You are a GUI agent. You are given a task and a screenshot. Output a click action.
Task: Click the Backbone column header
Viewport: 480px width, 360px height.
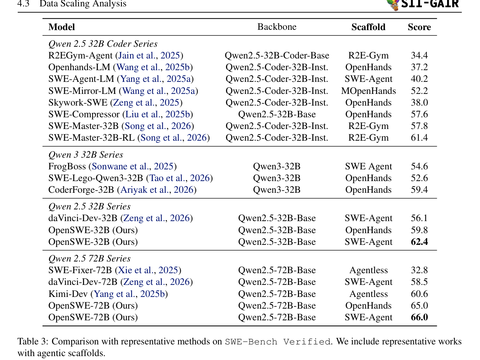[277, 27]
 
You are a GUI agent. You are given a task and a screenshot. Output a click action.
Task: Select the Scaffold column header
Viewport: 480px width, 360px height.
[368, 27]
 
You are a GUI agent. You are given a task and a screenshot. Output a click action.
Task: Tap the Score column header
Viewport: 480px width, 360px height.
[419, 27]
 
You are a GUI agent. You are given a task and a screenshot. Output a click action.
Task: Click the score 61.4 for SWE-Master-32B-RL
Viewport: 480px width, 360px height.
[419, 138]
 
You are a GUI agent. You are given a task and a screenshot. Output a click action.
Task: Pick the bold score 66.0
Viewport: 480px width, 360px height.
[419, 317]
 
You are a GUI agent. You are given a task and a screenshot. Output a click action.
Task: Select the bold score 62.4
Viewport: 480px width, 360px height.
[419, 242]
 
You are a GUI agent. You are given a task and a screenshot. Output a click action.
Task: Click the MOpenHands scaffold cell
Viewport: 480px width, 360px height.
[368, 91]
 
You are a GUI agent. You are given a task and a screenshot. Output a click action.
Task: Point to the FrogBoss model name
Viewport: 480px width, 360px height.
[67, 167]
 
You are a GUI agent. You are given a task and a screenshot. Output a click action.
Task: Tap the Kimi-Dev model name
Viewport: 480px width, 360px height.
[68, 294]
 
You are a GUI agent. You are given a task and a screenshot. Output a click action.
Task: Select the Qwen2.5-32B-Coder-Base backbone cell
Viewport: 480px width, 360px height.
[277, 56]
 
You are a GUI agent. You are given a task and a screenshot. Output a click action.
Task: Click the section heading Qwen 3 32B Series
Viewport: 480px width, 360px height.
[86, 155]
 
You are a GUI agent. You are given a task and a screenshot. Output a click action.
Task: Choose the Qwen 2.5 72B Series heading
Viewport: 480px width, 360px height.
[89, 259]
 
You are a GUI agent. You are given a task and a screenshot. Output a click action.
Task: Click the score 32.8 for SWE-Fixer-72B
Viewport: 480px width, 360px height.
[419, 270]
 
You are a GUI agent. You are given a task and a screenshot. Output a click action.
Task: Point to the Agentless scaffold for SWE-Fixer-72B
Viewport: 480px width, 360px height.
[368, 270]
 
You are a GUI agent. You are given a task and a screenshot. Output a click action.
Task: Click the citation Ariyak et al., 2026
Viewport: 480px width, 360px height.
[157, 190]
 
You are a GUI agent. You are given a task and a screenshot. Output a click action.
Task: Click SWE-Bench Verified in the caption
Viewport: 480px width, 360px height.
[278, 342]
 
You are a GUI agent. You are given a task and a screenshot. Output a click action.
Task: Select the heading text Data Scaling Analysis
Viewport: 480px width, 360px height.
[83, 4]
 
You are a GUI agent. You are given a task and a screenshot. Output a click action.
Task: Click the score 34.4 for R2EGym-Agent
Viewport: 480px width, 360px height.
[419, 56]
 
